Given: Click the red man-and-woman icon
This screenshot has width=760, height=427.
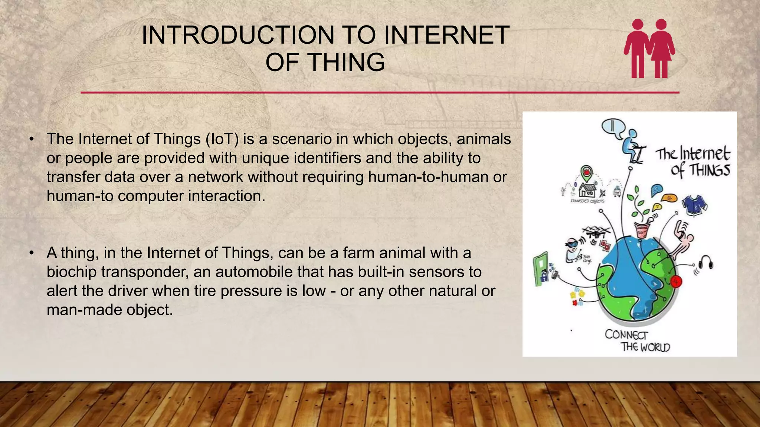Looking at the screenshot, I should (x=649, y=49).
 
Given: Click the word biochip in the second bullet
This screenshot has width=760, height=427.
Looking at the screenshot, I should (x=71, y=272).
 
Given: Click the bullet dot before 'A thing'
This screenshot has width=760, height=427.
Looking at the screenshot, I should (x=32, y=253).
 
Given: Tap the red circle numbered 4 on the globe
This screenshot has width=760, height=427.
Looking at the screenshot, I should (x=675, y=281).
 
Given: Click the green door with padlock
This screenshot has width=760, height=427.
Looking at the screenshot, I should (x=541, y=269).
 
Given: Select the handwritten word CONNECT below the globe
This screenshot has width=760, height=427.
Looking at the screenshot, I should (x=626, y=335).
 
